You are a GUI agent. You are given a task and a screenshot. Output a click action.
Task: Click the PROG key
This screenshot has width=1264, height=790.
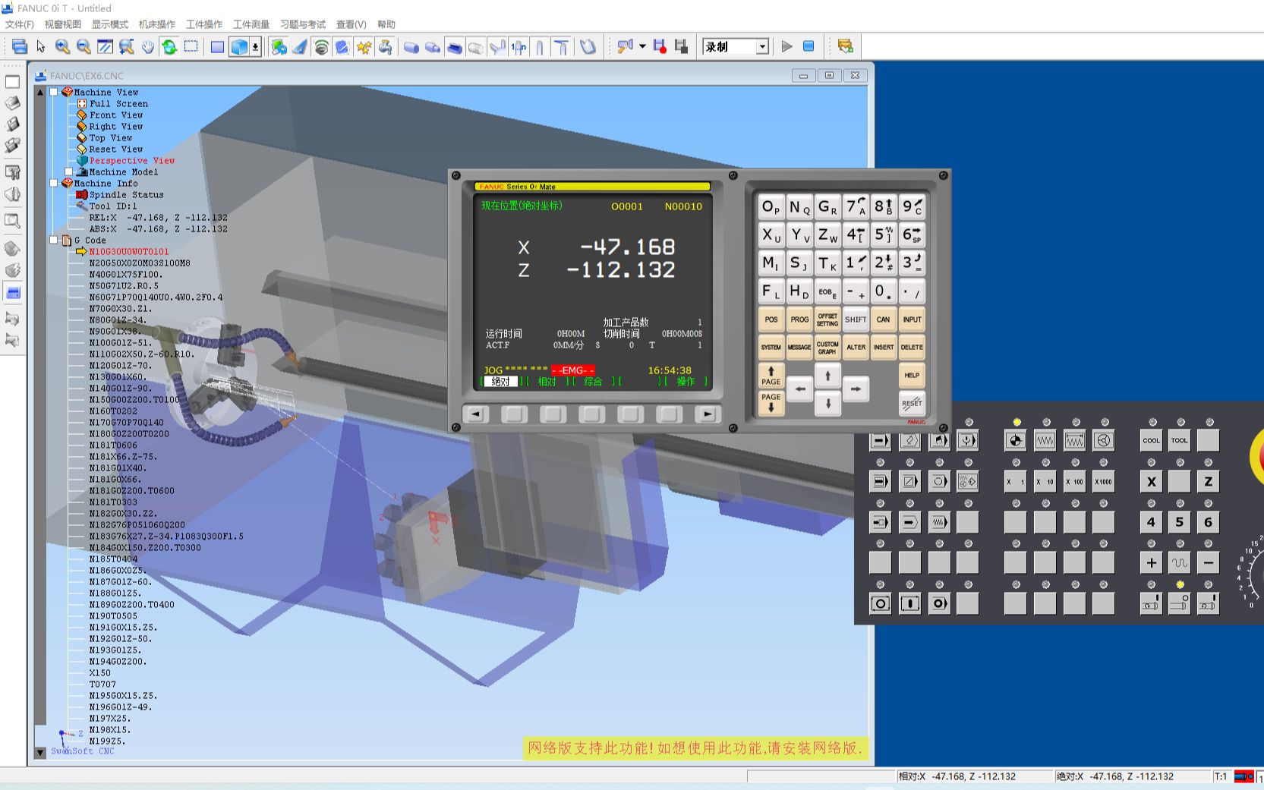[x=799, y=319]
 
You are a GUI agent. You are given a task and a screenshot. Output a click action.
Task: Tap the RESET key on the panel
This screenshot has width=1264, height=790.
[x=912, y=403]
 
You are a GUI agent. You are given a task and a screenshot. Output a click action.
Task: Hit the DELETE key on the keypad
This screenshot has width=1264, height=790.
[x=912, y=347]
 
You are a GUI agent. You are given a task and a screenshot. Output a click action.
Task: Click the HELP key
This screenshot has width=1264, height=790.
[x=912, y=375]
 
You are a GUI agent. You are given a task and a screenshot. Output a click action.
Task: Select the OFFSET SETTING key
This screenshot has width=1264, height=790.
[x=827, y=319]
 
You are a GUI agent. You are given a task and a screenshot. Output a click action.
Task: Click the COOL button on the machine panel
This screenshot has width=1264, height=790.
[x=1151, y=440]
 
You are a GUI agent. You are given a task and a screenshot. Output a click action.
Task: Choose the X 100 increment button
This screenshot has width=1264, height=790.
[x=1074, y=481]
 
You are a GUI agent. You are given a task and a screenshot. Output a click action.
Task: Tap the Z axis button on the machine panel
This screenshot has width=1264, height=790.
[x=1208, y=481]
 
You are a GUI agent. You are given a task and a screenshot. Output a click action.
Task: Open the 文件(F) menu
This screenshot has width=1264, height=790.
[x=20, y=24]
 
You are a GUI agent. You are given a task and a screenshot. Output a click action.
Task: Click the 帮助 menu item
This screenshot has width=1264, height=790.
[x=386, y=24]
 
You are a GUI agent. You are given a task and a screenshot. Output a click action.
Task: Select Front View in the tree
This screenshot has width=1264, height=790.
[x=115, y=115]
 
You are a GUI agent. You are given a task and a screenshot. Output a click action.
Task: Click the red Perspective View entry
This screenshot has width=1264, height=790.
[x=131, y=161]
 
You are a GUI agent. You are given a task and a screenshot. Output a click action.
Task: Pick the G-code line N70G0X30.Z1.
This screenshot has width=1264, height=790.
[x=121, y=309]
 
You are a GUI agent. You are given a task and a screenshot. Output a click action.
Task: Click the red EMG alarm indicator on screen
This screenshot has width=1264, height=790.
[x=572, y=370]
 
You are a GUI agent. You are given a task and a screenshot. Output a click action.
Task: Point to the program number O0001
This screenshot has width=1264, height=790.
[x=626, y=206]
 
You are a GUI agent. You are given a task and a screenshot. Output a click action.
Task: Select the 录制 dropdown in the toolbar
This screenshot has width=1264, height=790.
[x=735, y=47]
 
